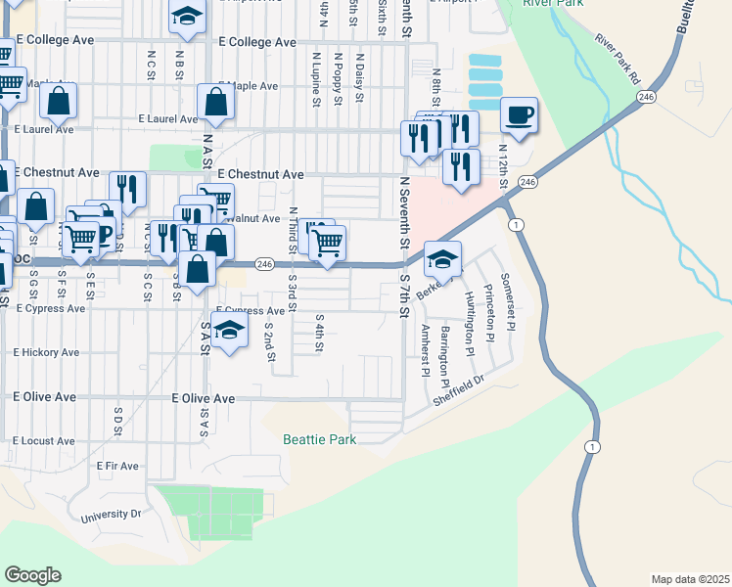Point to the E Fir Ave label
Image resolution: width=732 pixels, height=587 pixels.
[117, 467]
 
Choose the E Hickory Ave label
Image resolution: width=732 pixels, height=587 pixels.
[46, 352]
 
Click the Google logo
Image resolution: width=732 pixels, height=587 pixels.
[32, 575]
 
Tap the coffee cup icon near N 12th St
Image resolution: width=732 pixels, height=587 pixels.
[519, 115]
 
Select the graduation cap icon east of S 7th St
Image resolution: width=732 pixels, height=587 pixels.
[442, 259]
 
